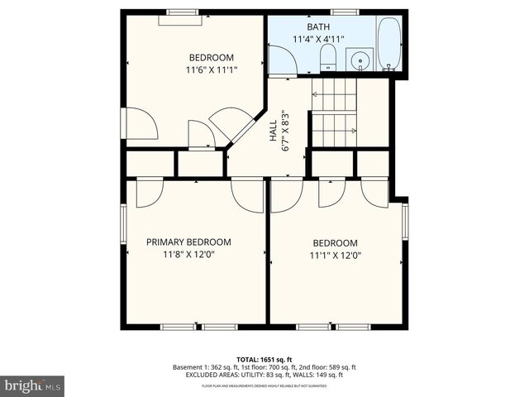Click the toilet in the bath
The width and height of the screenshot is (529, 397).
click(x=327, y=57)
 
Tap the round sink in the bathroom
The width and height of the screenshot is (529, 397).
click(x=359, y=60)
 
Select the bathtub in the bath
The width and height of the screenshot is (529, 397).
click(x=389, y=45)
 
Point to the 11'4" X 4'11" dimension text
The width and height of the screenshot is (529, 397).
click(x=318, y=40)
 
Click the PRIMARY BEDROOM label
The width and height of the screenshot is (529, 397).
click(x=188, y=242)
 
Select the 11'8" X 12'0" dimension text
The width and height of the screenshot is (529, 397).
click(x=188, y=255)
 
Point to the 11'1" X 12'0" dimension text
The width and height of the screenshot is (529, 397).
click(x=335, y=256)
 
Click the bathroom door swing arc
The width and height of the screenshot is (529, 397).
click(x=281, y=62)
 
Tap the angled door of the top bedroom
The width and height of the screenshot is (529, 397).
click(x=230, y=126)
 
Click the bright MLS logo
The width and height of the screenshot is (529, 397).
click(x=33, y=385)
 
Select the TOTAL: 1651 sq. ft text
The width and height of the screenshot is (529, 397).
click(x=264, y=358)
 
